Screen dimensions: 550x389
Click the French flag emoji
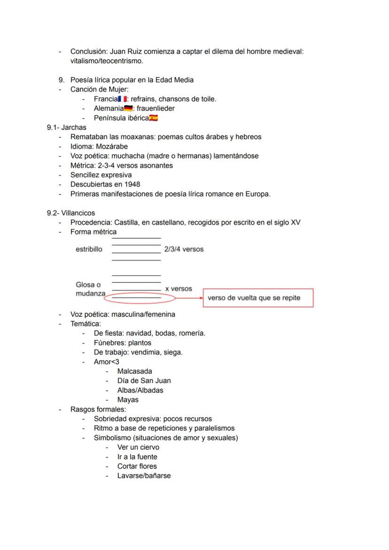pyautogui.click(x=123, y=99)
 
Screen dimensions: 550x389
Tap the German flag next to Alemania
pyautogui.click(x=128, y=109)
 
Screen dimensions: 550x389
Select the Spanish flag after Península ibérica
pyautogui.click(x=153, y=118)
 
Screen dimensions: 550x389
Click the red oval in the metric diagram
pyautogui.click(x=132, y=297)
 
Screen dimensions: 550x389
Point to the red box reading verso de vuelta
pyautogui.click(x=258, y=298)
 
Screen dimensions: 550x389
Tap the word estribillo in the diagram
pyautogui.click(x=89, y=249)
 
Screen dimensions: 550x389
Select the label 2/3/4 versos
pyautogui.click(x=184, y=249)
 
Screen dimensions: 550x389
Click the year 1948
pyautogui.click(x=132, y=184)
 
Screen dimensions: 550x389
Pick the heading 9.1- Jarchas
pyautogui.click(x=66, y=128)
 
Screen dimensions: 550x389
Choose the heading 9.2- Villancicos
pyautogui.click(x=70, y=213)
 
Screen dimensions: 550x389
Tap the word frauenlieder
pyautogui.click(x=156, y=109)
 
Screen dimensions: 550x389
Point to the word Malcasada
pyautogui.click(x=134, y=371)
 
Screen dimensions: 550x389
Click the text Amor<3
pyautogui.click(x=106, y=362)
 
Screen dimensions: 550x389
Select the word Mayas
pyautogui.click(x=128, y=400)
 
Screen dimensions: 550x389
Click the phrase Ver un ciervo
pyautogui.click(x=138, y=447)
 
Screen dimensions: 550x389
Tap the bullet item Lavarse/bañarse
pyautogui.click(x=144, y=476)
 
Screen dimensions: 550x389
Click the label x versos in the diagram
pyautogui.click(x=179, y=289)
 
